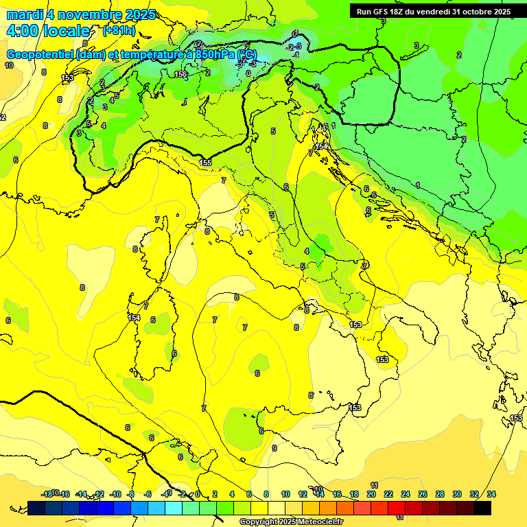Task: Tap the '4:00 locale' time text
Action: click(x=47, y=31)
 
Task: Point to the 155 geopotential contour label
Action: click(x=205, y=162)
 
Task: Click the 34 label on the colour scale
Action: click(x=491, y=494)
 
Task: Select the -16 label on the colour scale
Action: click(x=64, y=494)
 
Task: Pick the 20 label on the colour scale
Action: click(x=371, y=494)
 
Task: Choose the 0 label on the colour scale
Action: click(x=198, y=494)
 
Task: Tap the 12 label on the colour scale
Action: click(x=302, y=494)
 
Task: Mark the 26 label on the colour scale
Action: click(x=423, y=494)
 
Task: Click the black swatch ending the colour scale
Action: click(x=482, y=508)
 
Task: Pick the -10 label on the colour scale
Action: click(x=116, y=494)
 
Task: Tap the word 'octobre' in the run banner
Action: click(x=478, y=11)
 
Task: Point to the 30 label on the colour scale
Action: click(x=457, y=494)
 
